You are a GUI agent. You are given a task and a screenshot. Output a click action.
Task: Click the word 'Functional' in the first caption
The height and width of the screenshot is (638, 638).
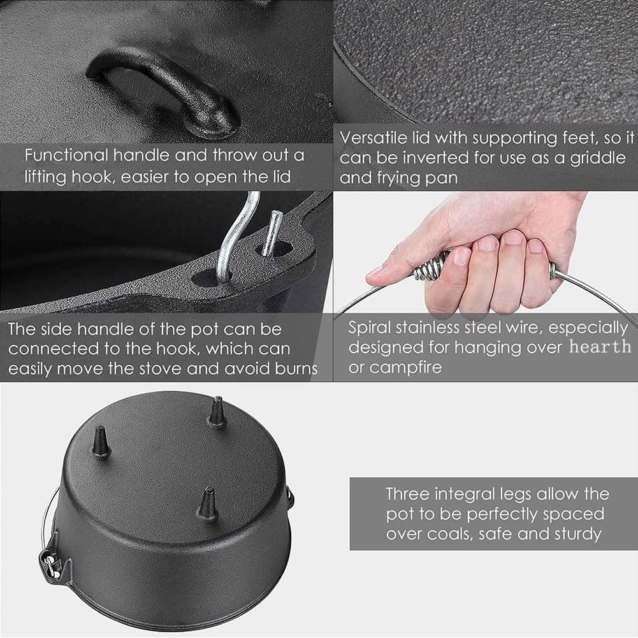tap(66, 156)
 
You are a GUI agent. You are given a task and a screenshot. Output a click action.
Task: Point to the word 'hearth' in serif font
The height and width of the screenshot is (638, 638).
tap(600, 347)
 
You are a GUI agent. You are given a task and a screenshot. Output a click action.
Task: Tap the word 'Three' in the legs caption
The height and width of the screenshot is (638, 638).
tap(408, 494)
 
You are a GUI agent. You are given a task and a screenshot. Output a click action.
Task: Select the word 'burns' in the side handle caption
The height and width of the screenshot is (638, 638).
tap(296, 368)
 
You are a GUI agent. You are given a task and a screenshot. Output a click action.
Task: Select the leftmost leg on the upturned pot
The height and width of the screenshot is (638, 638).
tap(101, 442)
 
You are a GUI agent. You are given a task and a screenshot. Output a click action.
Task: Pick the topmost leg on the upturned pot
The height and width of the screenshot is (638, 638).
tap(217, 412)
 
